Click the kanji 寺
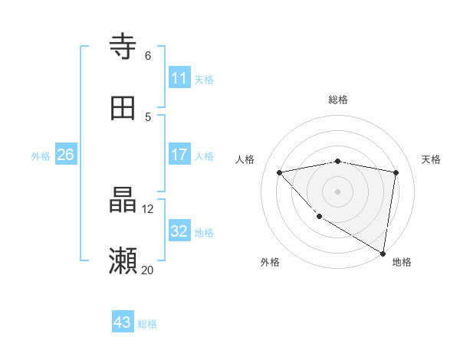point(123,47)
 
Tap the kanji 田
point(123,108)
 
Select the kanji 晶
point(123,201)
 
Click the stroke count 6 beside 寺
point(148,55)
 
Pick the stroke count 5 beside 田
point(148,116)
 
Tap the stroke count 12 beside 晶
point(148,208)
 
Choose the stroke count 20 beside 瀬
point(148,270)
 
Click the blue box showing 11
point(179,78)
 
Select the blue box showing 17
point(179,155)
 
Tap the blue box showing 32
point(179,231)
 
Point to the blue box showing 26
point(65,155)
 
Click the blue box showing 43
point(123,322)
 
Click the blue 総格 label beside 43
point(147,324)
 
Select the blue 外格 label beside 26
point(41,156)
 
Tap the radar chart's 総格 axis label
point(338,100)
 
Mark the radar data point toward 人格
point(280,172)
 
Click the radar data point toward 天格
point(396,172)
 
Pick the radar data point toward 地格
point(383,253)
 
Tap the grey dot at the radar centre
point(337,191)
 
